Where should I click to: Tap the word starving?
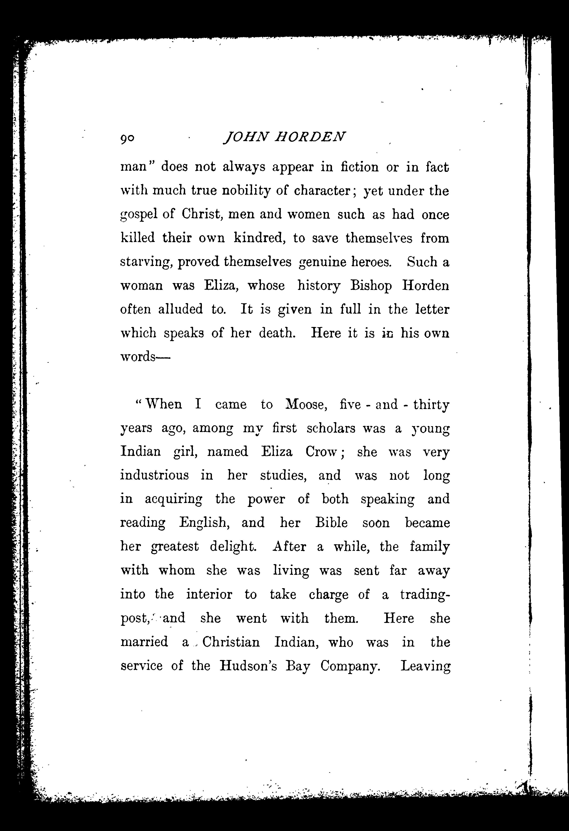pyautogui.click(x=147, y=262)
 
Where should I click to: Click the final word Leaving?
pyautogui.click(x=425, y=666)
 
